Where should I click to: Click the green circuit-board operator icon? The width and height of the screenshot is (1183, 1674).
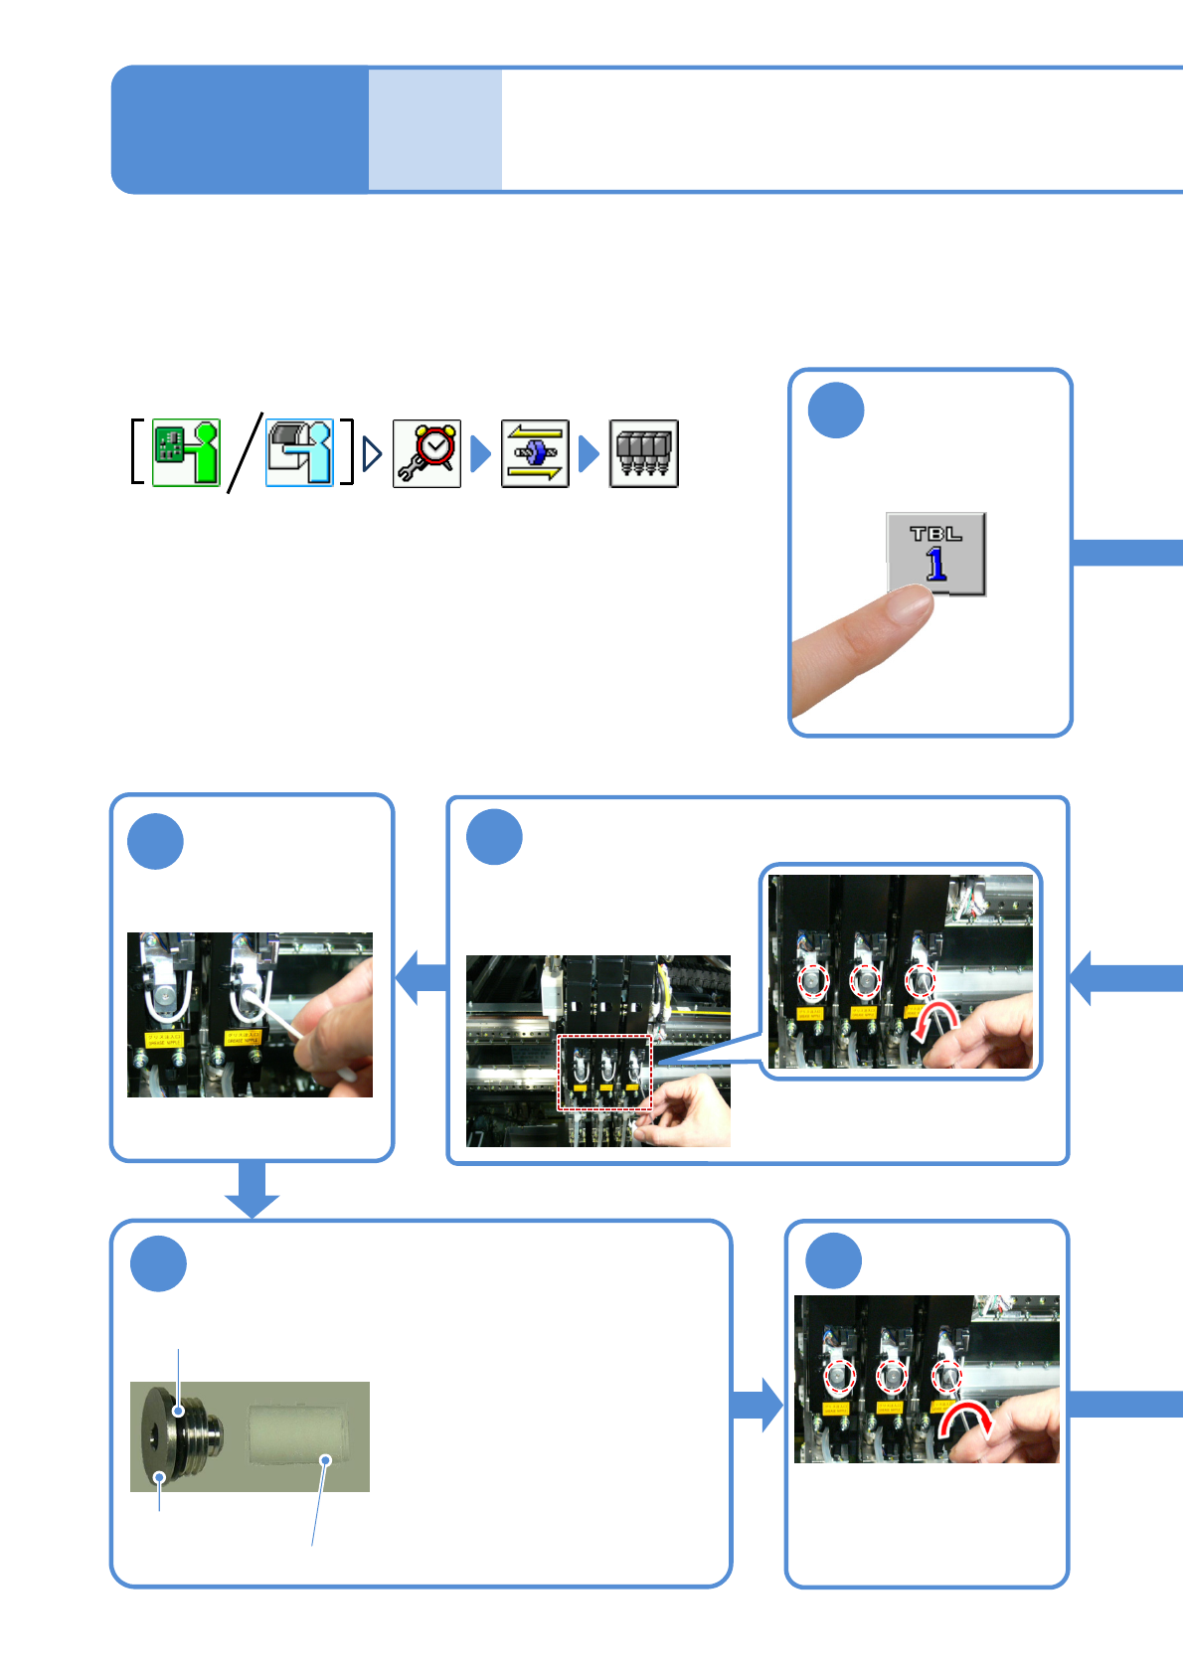[186, 452]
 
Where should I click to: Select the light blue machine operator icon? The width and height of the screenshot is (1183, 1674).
[299, 452]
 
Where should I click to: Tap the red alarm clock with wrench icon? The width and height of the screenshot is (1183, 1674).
[426, 453]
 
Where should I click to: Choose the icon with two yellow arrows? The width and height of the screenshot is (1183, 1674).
[535, 453]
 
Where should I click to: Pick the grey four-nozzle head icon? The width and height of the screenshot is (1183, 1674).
[643, 453]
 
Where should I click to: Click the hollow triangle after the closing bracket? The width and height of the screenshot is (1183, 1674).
[373, 454]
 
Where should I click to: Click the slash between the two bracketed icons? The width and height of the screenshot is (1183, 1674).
[245, 452]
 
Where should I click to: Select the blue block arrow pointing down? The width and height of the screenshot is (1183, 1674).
[252, 1189]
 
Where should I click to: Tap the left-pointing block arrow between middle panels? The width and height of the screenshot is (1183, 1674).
[422, 976]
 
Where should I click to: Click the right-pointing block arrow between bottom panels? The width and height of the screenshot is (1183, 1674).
[758, 1405]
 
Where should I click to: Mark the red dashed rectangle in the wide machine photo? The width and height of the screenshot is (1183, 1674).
[604, 1073]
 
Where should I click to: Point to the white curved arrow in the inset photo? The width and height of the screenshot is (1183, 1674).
[934, 1021]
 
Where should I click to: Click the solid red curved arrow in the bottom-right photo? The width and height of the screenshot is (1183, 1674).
[963, 1419]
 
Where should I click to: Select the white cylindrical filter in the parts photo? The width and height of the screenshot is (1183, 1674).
[297, 1432]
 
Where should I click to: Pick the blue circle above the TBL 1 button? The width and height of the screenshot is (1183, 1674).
[836, 411]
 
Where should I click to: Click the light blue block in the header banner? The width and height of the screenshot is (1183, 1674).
[434, 129]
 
